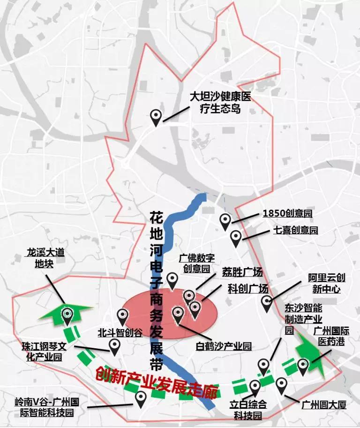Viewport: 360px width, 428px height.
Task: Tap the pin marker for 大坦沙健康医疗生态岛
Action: coord(156,116)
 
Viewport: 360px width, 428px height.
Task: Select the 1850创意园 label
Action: coord(287,214)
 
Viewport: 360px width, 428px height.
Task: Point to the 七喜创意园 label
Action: coord(295,230)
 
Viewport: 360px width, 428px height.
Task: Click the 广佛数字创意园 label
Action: coord(197,263)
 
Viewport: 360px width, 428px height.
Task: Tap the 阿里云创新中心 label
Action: coord(323,284)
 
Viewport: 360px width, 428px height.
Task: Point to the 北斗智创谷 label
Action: coord(120,332)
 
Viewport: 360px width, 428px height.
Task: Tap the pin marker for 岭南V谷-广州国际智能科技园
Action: coord(141,398)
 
